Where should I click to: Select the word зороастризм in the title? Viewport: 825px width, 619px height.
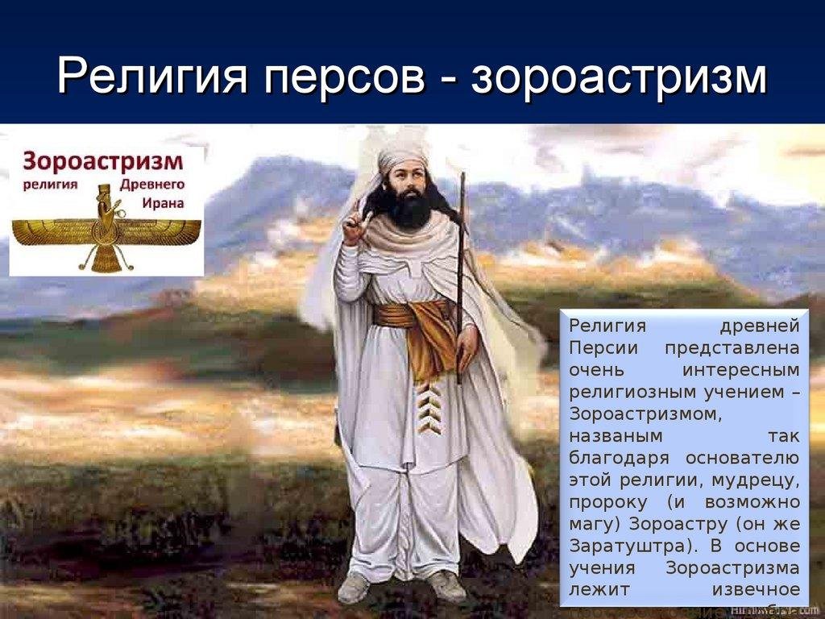pyautogui.click(x=619, y=80)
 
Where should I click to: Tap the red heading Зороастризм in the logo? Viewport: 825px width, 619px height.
pyautogui.click(x=102, y=160)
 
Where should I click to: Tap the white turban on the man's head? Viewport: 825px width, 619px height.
pyautogui.click(x=402, y=156)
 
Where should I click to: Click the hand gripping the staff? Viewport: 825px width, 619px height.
pyautogui.click(x=466, y=343)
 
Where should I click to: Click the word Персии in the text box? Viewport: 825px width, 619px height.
pyautogui.click(x=603, y=348)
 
